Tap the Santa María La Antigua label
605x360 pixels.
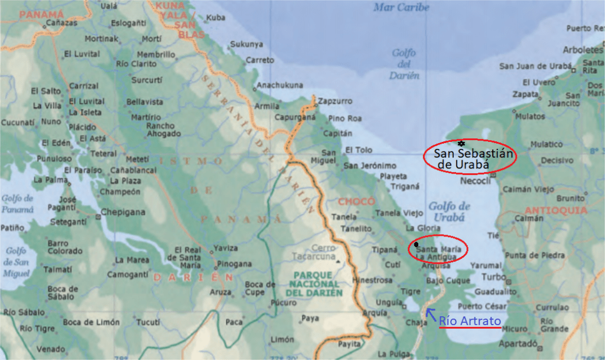pyautogui.click(x=436, y=252)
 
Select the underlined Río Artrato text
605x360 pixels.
pyautogui.click(x=470, y=321)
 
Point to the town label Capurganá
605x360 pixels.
pyautogui.click(x=294, y=117)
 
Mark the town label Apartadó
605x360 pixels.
pyautogui.click(x=518, y=343)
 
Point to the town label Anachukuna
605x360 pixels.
pyautogui.click(x=280, y=85)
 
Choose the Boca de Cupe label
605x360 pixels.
pyautogui.click(x=260, y=288)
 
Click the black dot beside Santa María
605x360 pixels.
pyautogui.click(x=417, y=244)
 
